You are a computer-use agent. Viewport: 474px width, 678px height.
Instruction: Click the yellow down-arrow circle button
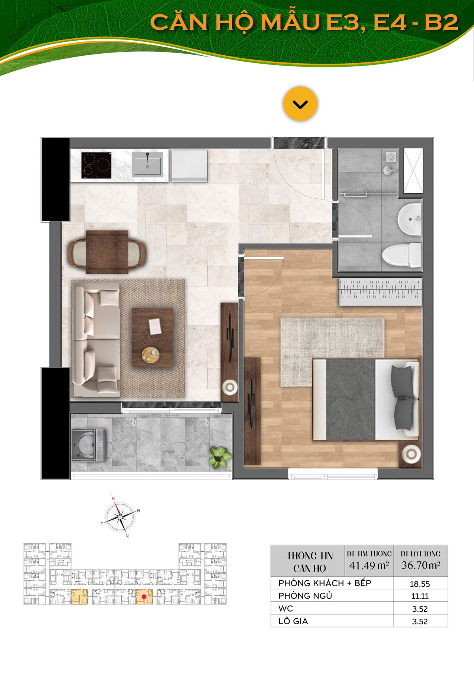[300, 104]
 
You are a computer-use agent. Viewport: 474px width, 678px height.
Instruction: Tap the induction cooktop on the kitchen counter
[96, 165]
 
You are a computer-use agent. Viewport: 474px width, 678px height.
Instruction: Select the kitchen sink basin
[147, 164]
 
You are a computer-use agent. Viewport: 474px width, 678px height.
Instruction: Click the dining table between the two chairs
[107, 252]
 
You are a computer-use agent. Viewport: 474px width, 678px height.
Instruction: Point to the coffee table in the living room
[152, 337]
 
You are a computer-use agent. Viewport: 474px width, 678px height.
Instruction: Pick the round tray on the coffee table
[150, 355]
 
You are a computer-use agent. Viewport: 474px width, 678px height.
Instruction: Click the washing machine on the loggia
[90, 445]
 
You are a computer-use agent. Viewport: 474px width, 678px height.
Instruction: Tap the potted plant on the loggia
[218, 457]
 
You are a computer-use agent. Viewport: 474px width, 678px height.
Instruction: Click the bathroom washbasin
[410, 218]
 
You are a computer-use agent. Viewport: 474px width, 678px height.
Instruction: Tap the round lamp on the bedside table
[411, 454]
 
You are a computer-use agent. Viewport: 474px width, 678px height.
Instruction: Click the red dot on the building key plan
[144, 597]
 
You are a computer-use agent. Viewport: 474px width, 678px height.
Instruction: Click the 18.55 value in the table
[420, 584]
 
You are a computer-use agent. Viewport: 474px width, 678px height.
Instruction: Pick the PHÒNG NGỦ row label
[305, 595]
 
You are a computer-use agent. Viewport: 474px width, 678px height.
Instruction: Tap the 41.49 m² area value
[369, 565]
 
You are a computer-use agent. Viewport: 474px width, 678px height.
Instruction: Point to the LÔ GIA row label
[293, 621]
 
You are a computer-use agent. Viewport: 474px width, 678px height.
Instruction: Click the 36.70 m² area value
[421, 565]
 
